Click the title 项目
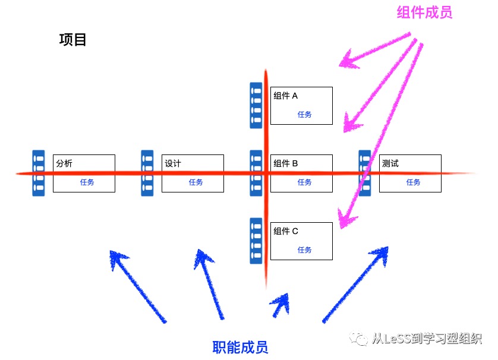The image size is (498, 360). tap(73, 40)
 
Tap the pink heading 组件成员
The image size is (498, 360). tap(425, 12)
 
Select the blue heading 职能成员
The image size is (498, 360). tap(240, 347)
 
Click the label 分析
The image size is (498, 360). tap(64, 163)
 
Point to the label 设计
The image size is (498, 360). tap(173, 163)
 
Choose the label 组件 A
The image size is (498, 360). tap(285, 96)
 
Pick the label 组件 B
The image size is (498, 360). tap(285, 163)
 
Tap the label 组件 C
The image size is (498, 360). tap(285, 231)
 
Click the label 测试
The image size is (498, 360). tap(390, 163)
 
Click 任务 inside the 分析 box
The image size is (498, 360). tap(87, 182)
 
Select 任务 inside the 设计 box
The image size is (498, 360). tap(196, 182)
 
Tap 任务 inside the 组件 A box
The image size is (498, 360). tap(305, 114)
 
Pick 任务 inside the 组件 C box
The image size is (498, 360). tap(305, 250)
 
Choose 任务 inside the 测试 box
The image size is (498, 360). tap(413, 182)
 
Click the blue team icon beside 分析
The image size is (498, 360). tap(39, 173)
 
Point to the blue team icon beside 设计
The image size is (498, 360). tap(147, 173)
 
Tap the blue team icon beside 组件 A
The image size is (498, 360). tap(256, 105)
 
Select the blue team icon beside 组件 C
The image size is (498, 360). tap(256, 241)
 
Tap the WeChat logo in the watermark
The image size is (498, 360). tap(359, 339)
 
